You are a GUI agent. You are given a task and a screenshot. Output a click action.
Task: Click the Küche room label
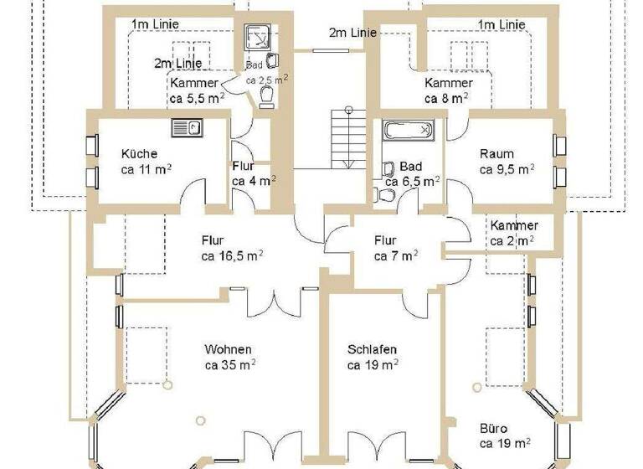pos(139,153)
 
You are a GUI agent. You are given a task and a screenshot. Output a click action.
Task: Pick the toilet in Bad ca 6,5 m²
pos(386,194)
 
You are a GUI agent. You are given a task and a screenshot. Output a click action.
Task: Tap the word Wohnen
pos(228,349)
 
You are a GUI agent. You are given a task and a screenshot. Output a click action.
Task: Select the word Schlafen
pos(372,349)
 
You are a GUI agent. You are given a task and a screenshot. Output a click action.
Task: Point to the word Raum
pos(496,153)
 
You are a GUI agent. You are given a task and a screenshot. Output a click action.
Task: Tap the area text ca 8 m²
pos(446,98)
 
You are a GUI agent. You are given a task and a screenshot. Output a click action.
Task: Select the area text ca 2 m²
pos(512,241)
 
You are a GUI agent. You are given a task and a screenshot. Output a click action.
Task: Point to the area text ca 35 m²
pos(230,365)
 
